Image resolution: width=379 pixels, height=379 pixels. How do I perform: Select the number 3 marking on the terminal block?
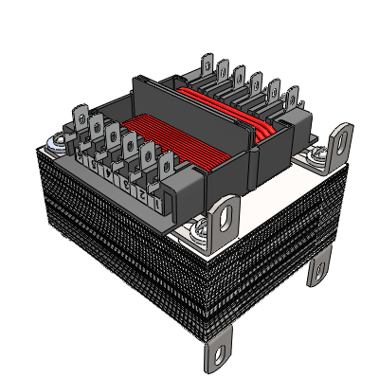[125, 186]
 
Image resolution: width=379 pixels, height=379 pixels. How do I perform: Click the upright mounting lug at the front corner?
[226, 216]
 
